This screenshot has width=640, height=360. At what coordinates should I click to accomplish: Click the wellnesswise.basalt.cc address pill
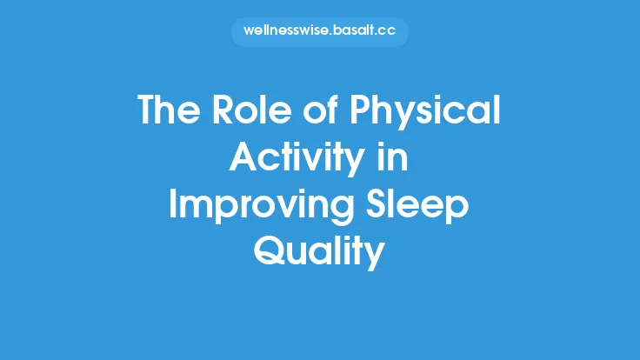(319, 32)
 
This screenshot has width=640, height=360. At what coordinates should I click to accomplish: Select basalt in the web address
(355, 32)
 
